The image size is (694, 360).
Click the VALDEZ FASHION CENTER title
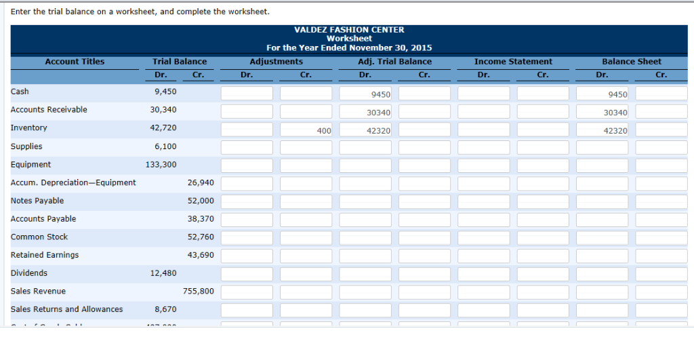349,30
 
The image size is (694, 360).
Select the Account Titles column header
75,62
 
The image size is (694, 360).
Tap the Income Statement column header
513,62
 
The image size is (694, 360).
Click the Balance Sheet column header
632,62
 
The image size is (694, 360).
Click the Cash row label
20,92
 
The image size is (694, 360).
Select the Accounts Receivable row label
49,110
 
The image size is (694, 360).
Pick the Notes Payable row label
37,201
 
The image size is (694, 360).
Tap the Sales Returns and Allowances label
67,309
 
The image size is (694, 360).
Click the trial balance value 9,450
165,92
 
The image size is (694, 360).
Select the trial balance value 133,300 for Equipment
161,165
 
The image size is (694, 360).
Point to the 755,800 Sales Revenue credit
199,292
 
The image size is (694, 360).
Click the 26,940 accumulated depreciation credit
201,182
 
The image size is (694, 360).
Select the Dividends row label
29,273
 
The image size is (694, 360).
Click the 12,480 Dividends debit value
163,273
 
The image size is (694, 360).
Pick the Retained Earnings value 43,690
201,255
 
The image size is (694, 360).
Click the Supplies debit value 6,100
165,146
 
